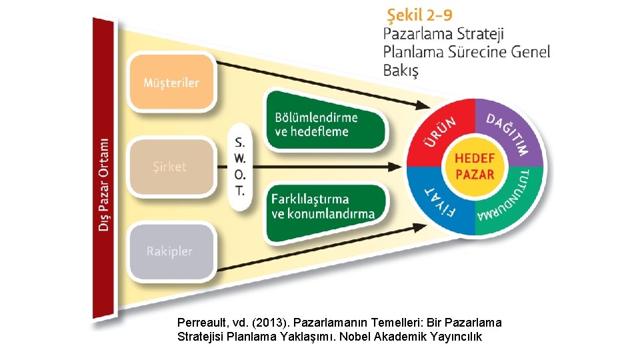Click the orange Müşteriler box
[x=171, y=83]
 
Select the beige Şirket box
[x=171, y=167]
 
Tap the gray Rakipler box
[x=171, y=252]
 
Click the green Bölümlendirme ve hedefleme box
[x=325, y=124]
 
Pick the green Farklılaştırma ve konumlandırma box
[x=325, y=207]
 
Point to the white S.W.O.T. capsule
[x=240, y=167]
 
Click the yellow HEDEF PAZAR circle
[x=475, y=167]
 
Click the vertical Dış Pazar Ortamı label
[x=104, y=183]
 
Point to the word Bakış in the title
[x=401, y=70]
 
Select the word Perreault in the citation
[x=201, y=323]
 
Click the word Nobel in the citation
[x=355, y=337]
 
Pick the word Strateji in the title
[x=479, y=33]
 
